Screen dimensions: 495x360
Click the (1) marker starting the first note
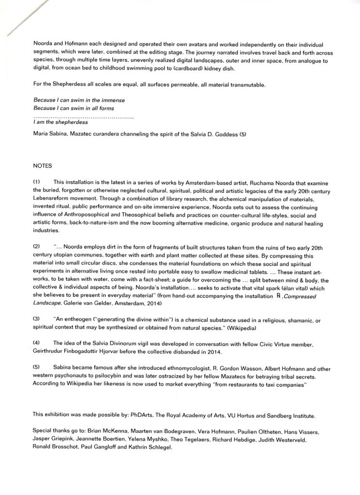[x=36, y=181]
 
